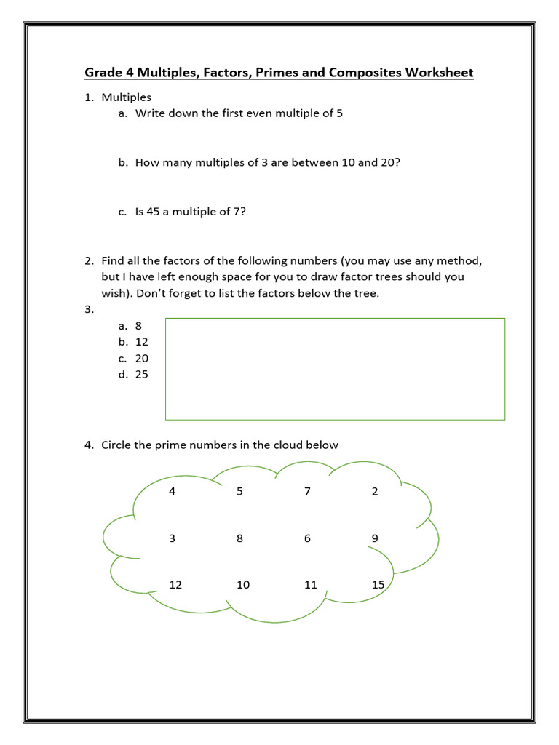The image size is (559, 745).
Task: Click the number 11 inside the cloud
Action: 311,585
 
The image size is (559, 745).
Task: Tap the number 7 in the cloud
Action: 308,491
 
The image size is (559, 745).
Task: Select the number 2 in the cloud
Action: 375,491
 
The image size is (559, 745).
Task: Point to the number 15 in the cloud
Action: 378,585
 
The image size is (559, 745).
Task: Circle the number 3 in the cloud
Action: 172,538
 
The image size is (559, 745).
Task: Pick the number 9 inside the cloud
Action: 375,538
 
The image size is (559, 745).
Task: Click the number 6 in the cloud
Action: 308,538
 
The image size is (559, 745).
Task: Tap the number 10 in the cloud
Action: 243,585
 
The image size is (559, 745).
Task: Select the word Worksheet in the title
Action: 439,73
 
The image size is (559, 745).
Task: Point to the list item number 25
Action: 142,375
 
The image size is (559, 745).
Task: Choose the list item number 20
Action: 142,358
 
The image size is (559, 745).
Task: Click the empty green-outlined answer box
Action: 335,369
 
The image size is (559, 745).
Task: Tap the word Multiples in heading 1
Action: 127,97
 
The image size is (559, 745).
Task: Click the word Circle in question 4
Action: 117,445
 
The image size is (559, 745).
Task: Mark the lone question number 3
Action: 88,309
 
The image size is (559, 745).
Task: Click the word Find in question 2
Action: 114,260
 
